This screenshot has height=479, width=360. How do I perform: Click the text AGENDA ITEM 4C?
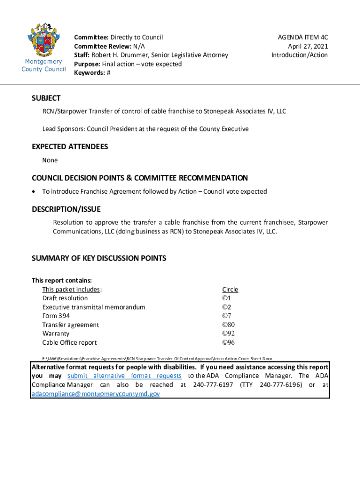302,36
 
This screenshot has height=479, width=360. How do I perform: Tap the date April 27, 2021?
308,46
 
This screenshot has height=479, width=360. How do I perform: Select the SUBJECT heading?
46,98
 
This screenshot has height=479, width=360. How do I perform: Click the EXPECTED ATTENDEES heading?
70,147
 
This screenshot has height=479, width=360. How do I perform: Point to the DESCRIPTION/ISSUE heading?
66,209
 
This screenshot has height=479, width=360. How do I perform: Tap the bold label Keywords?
89,73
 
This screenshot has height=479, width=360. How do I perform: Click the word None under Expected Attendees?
50,160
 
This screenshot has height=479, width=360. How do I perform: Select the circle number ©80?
228,325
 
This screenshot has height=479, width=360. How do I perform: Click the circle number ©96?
228,342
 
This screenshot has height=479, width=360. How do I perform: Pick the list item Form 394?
56,316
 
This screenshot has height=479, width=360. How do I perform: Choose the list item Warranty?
56,334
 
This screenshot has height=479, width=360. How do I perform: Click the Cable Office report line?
70,342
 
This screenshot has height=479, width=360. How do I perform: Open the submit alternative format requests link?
124,376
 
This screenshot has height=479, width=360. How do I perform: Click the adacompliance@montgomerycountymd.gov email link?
95,394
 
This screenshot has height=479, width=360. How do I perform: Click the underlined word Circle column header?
230,290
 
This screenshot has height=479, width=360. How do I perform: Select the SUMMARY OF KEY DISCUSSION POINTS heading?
99,258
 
